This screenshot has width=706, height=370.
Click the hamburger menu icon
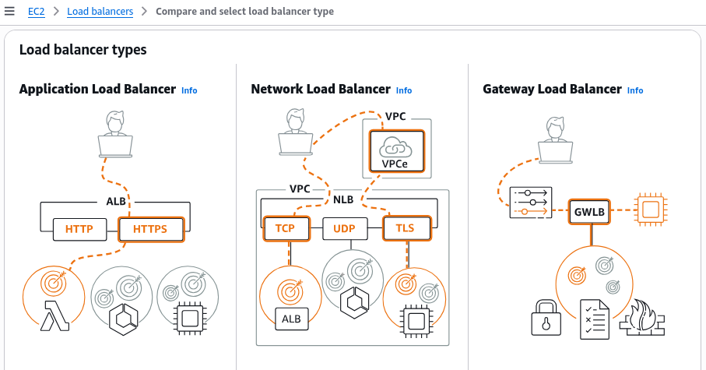pyautogui.click(x=9, y=12)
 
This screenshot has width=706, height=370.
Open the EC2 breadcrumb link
pyautogui.click(x=36, y=12)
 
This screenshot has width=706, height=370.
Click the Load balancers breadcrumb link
pyautogui.click(x=100, y=12)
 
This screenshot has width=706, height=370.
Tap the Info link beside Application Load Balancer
pyautogui.click(x=189, y=90)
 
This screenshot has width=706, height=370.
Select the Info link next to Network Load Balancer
pyautogui.click(x=403, y=90)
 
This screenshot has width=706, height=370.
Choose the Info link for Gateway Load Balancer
pyautogui.click(x=635, y=90)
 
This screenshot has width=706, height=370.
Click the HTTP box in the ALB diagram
pyautogui.click(x=79, y=230)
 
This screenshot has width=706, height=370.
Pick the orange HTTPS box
pyautogui.click(x=150, y=230)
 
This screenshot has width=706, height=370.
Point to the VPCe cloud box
pyautogui.click(x=394, y=150)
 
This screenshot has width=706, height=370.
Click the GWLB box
pyautogui.click(x=588, y=211)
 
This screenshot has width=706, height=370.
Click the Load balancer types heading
pyautogui.click(x=83, y=50)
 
